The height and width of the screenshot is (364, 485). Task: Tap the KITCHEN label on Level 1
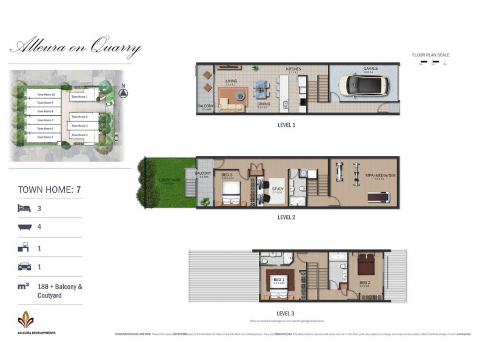point(293,69)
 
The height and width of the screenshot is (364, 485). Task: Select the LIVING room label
point(231,81)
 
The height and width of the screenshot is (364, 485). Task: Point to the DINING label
point(264,103)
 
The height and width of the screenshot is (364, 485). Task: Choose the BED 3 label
point(227,175)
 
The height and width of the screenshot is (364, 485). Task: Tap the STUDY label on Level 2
point(277,188)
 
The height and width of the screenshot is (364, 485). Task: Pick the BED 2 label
point(364,282)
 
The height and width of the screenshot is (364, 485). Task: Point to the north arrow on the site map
point(123,93)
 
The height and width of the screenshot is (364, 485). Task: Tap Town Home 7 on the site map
point(45,120)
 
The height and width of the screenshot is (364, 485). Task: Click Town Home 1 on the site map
point(79,96)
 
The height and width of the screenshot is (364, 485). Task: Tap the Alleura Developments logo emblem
point(25,319)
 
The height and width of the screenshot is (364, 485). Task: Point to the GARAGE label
point(370,69)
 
